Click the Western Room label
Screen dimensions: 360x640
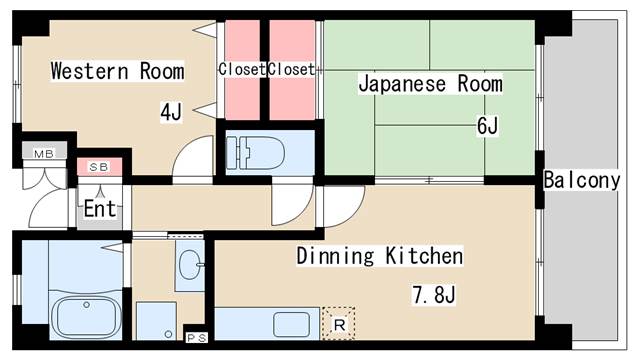pos(117,71)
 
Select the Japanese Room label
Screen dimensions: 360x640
pos(430,84)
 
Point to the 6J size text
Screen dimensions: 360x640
pos(487,125)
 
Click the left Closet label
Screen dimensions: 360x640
pos(241,69)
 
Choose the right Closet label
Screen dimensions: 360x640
pos(290,69)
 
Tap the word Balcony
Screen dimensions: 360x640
pos(581,181)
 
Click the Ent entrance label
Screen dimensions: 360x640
pos(99,209)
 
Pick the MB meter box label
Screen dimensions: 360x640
pos(43,153)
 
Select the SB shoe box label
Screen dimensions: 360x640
pos(99,166)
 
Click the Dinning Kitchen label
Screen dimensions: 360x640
pos(379,256)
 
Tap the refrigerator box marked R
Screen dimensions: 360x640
pos(339,323)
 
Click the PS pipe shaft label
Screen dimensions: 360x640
pos(197,337)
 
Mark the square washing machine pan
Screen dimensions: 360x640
pos(156,321)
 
